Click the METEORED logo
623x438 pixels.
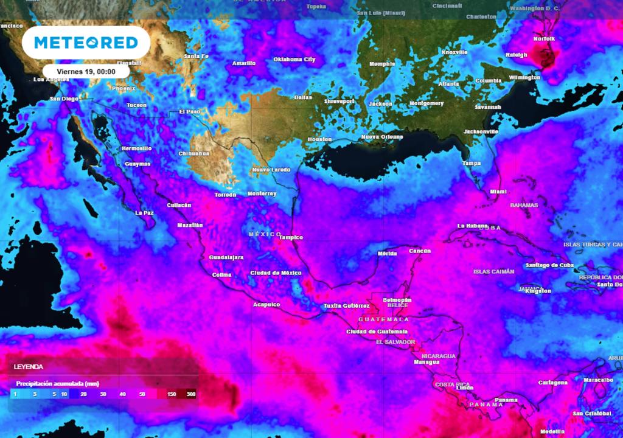(85, 43)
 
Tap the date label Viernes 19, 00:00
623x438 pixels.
(85, 71)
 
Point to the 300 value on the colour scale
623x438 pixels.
(191, 395)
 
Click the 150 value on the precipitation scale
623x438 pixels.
(172, 395)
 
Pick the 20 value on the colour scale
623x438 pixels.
(83, 395)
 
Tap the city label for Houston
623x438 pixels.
(320, 139)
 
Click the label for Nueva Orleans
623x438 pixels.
(382, 137)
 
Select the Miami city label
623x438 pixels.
(498, 192)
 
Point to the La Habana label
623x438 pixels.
(473, 226)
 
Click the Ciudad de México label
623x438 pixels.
(276, 273)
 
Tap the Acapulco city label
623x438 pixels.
(266, 304)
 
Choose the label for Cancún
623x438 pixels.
(420, 251)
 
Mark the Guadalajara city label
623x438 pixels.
(226, 257)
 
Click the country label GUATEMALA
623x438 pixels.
(383, 319)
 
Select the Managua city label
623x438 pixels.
(426, 362)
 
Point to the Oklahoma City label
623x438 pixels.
(294, 60)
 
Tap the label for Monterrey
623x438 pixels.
(262, 193)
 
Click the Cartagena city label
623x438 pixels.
(553, 383)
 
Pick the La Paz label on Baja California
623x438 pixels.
(144, 213)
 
